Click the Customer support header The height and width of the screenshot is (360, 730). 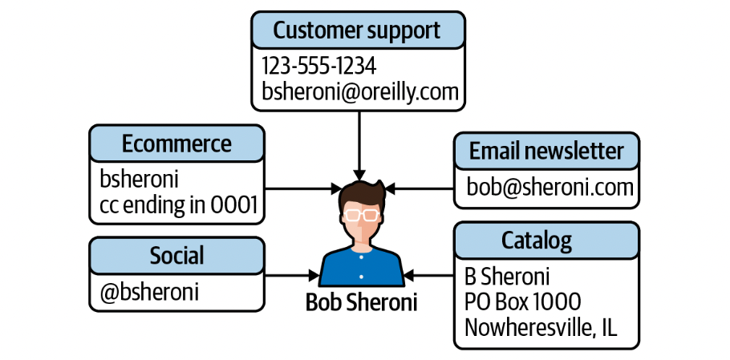pos(357,30)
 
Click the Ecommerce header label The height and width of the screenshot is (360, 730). pos(176,144)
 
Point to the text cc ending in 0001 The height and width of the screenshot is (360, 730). pos(179,207)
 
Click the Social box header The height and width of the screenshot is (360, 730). pos(176,256)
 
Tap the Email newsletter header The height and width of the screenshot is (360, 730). pos(546,150)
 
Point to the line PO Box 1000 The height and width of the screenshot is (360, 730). pos(522,302)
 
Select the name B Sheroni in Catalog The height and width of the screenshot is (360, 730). pos(507,277)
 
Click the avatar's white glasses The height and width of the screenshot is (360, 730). pos(360,214)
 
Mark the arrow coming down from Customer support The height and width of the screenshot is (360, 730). pos(359,144)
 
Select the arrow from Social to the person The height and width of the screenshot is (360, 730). pos(293,276)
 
